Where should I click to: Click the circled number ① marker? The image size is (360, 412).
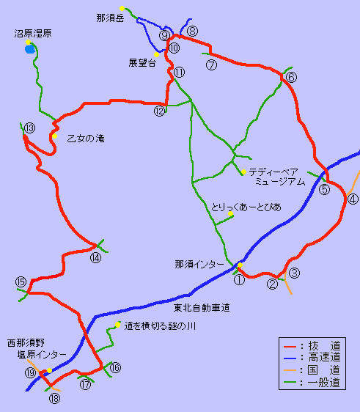click(239, 279)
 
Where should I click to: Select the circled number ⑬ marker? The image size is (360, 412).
click(29, 128)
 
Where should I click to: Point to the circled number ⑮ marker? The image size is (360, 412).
click(21, 282)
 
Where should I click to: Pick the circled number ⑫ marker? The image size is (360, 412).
click(160, 111)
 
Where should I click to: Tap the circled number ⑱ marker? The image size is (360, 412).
click(54, 399)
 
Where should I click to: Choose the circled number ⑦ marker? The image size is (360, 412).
click(212, 65)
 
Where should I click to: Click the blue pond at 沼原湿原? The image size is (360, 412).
click(29, 50)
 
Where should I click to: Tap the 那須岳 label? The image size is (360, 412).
click(111, 16)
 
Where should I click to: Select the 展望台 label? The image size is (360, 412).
click(142, 63)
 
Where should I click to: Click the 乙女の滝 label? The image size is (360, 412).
click(85, 138)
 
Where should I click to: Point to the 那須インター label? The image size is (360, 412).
click(199, 264)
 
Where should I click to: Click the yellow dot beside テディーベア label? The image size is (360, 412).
click(243, 172)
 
